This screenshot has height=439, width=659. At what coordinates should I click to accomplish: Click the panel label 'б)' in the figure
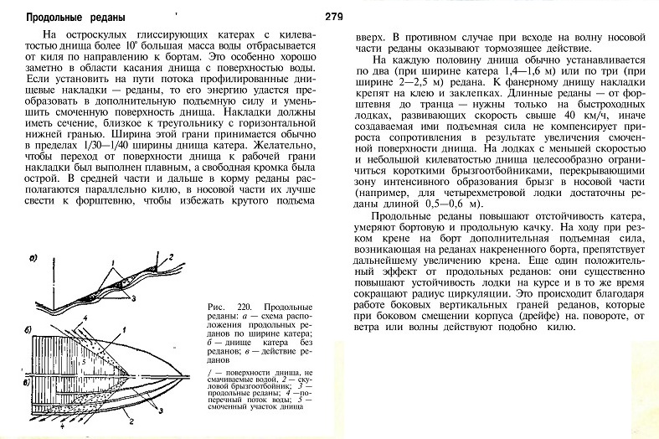click(31, 321)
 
